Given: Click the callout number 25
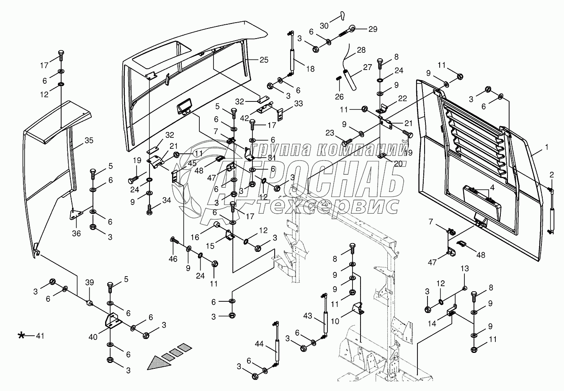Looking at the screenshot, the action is [263, 60].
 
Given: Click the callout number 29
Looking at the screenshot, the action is [372, 29].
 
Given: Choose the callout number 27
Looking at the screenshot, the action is [367, 67].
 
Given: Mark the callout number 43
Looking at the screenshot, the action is [308, 316].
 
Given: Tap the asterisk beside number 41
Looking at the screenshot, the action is [21, 335].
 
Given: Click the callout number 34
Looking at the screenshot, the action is [167, 201].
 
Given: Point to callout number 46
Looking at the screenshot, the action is [173, 259].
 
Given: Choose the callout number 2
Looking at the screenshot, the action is [551, 174].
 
